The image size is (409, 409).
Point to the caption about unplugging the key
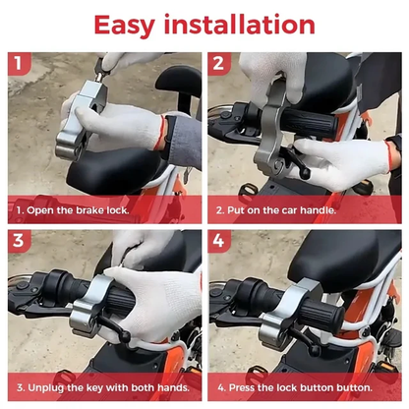pos(101,387)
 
